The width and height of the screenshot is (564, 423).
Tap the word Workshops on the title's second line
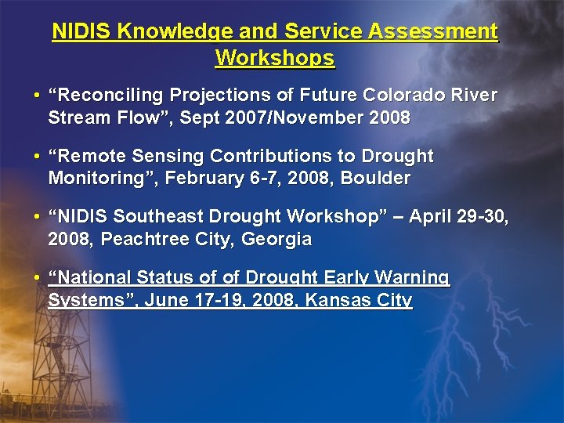click(275, 59)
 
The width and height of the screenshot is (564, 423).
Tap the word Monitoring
click(92, 179)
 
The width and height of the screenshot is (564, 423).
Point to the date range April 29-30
click(465, 216)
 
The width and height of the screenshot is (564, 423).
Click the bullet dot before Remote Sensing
click(38, 157)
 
